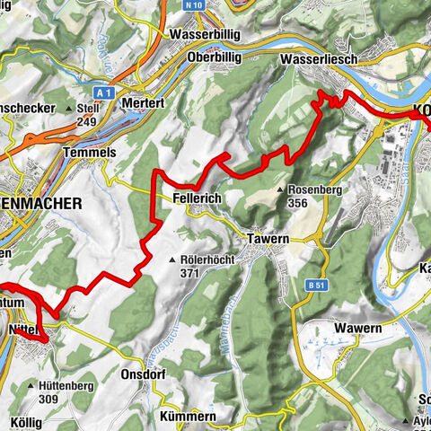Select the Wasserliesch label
pos(319,57)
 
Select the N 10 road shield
pos(188,5)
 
